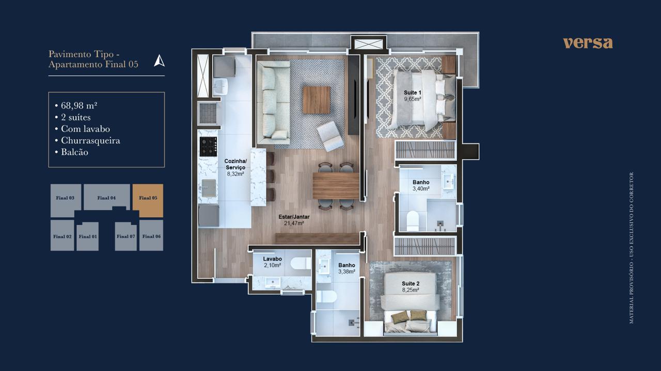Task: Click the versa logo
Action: [588, 43]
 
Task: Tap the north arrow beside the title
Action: [160, 61]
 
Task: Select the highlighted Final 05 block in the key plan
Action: [148, 201]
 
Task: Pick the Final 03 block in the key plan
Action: [66, 201]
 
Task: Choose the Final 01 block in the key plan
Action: [88, 236]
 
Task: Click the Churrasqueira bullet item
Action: [87, 140]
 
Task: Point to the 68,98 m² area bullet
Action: [76, 105]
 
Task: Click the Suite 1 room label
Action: [413, 92]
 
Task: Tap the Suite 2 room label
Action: [411, 283]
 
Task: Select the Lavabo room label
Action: [272, 259]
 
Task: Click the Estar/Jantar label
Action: [294, 217]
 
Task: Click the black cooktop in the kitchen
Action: [208, 146]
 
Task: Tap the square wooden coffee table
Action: [317, 100]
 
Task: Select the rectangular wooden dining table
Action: [336, 186]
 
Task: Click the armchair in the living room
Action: [330, 137]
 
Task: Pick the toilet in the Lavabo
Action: [301, 263]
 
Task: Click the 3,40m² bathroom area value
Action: [421, 188]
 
